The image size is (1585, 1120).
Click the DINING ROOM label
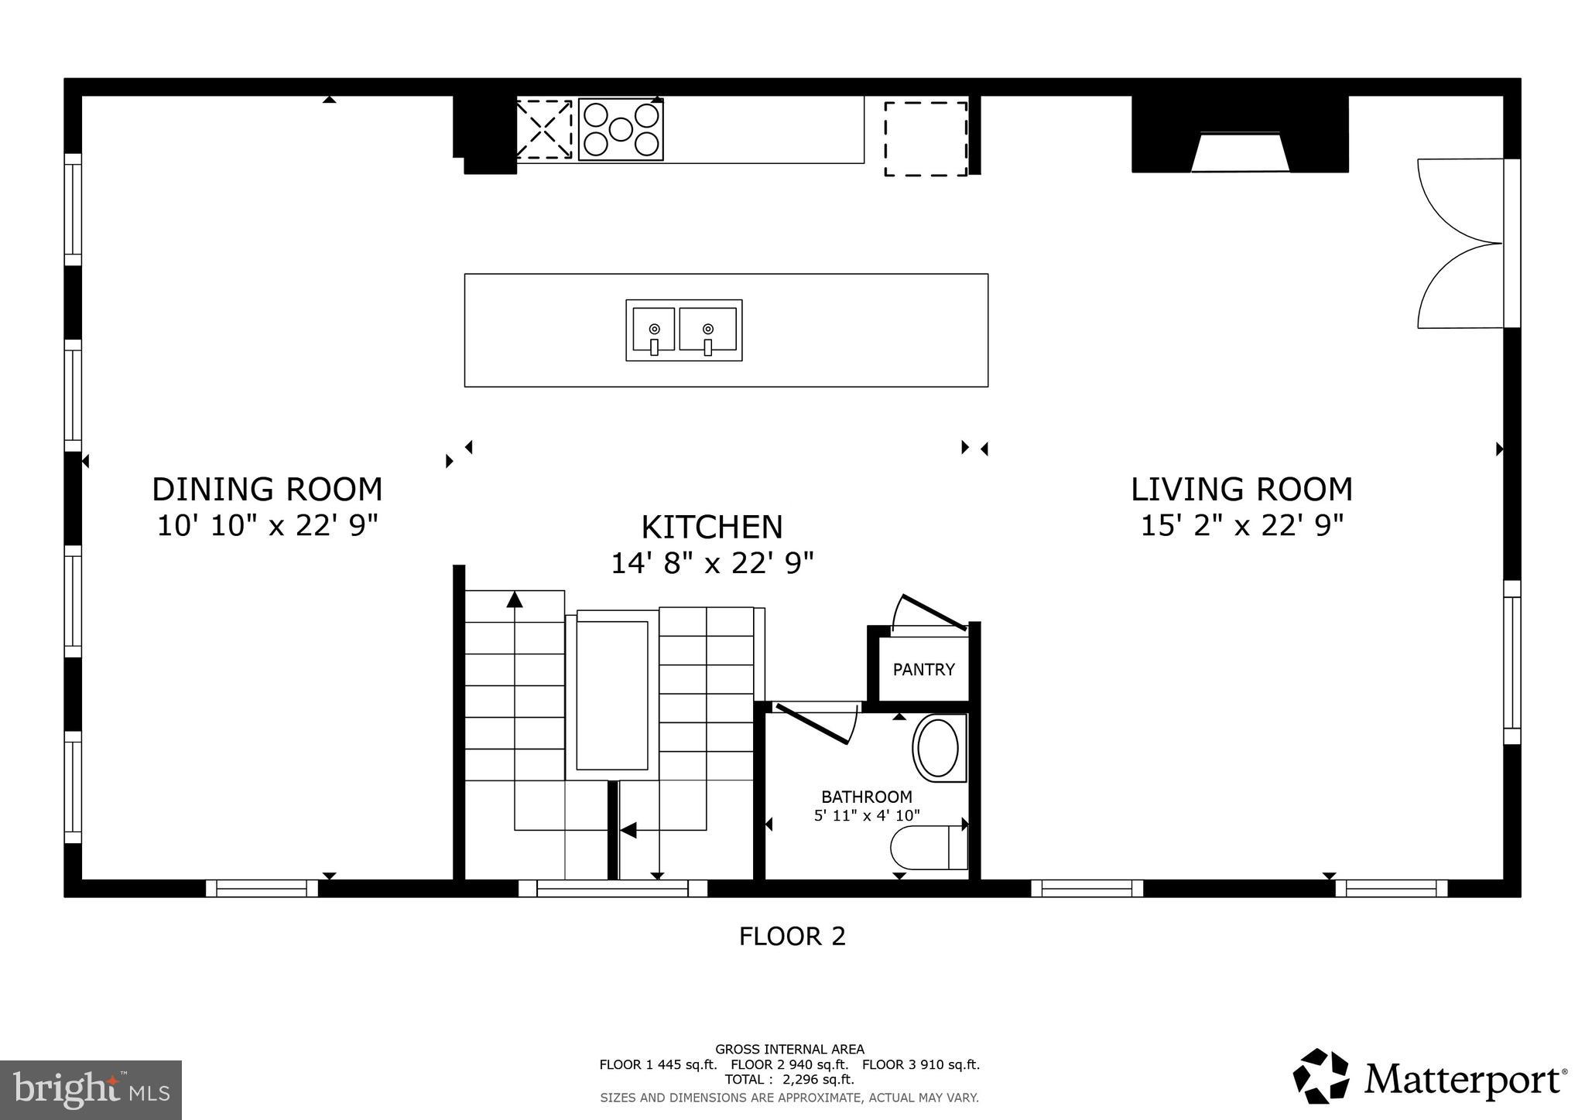(267, 490)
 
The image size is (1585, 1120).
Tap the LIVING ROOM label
(1241, 490)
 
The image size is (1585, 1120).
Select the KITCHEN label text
(712, 528)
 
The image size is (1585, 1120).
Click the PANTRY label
(923, 670)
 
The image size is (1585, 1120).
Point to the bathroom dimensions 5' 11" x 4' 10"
(867, 815)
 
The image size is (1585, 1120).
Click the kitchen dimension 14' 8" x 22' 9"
(712, 563)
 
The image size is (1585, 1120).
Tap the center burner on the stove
(621, 129)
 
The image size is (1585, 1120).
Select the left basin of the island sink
(654, 330)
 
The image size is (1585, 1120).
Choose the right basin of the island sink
(708, 330)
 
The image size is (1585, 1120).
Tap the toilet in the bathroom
(927, 848)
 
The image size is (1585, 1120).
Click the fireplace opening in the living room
(1240, 153)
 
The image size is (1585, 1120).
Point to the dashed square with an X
(544, 129)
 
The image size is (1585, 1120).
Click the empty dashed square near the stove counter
(926, 138)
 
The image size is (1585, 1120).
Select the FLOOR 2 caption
(792, 937)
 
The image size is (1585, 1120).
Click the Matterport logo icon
(1321, 1076)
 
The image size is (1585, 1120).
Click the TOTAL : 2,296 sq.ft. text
(789, 1080)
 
